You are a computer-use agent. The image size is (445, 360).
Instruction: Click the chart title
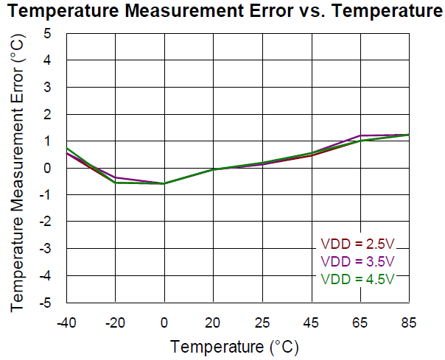pos(222,11)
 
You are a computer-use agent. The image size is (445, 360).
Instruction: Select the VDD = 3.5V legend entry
pos(357,262)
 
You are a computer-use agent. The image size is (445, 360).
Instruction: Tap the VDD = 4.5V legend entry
pos(357,279)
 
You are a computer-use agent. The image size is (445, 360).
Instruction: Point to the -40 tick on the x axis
pos(66,322)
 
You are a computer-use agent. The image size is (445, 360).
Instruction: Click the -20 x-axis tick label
pos(115,322)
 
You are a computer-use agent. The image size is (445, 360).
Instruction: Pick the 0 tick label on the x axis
pos(164,322)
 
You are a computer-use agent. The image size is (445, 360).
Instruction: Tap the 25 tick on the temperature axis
pos(262,322)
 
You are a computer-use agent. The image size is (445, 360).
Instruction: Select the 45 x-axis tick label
pos(311,322)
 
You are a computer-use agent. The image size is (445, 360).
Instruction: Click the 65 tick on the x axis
pos(360,322)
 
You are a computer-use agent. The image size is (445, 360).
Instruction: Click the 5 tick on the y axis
pos(48,34)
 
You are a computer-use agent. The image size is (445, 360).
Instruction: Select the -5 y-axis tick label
pos(46,303)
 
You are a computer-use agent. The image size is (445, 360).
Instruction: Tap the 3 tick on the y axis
pos(48,88)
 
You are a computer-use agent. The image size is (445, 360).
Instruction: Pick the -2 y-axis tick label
pos(46,222)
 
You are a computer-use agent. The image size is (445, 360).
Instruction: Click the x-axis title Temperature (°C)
pos(234,345)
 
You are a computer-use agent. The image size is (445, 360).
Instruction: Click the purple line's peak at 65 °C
pos(360,135)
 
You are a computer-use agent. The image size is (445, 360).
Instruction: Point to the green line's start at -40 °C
pos(67,148)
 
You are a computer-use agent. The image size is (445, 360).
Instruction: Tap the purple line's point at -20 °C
pos(115,177)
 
